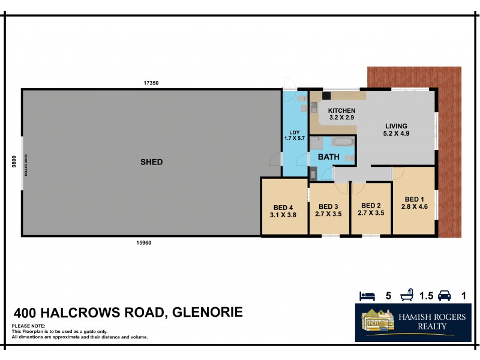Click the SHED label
pyautogui.click(x=151, y=162)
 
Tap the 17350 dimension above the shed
pyautogui.click(x=150, y=83)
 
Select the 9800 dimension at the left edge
pyautogui.click(x=13, y=163)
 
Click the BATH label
pyautogui.click(x=328, y=157)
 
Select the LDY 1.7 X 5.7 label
pyautogui.click(x=295, y=136)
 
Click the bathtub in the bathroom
pyautogui.click(x=342, y=143)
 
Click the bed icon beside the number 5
pyautogui.click(x=367, y=296)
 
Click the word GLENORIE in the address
pyautogui.click(x=208, y=313)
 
